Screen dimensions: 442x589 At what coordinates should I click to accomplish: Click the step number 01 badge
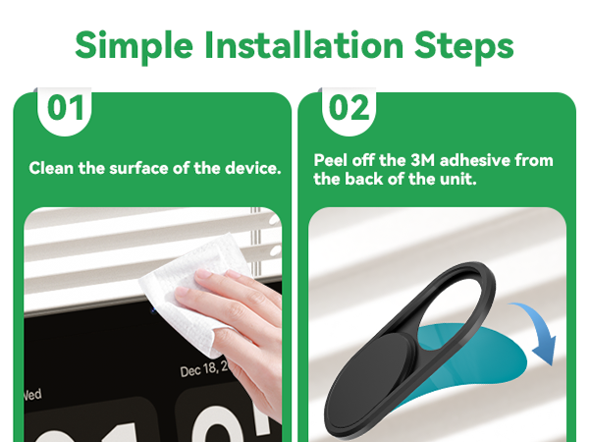click(66, 108)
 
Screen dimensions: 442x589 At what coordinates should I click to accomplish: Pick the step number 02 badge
click(348, 108)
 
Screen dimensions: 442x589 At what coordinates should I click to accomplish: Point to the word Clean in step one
click(50, 168)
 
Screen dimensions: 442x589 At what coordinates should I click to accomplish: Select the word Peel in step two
click(332, 160)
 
